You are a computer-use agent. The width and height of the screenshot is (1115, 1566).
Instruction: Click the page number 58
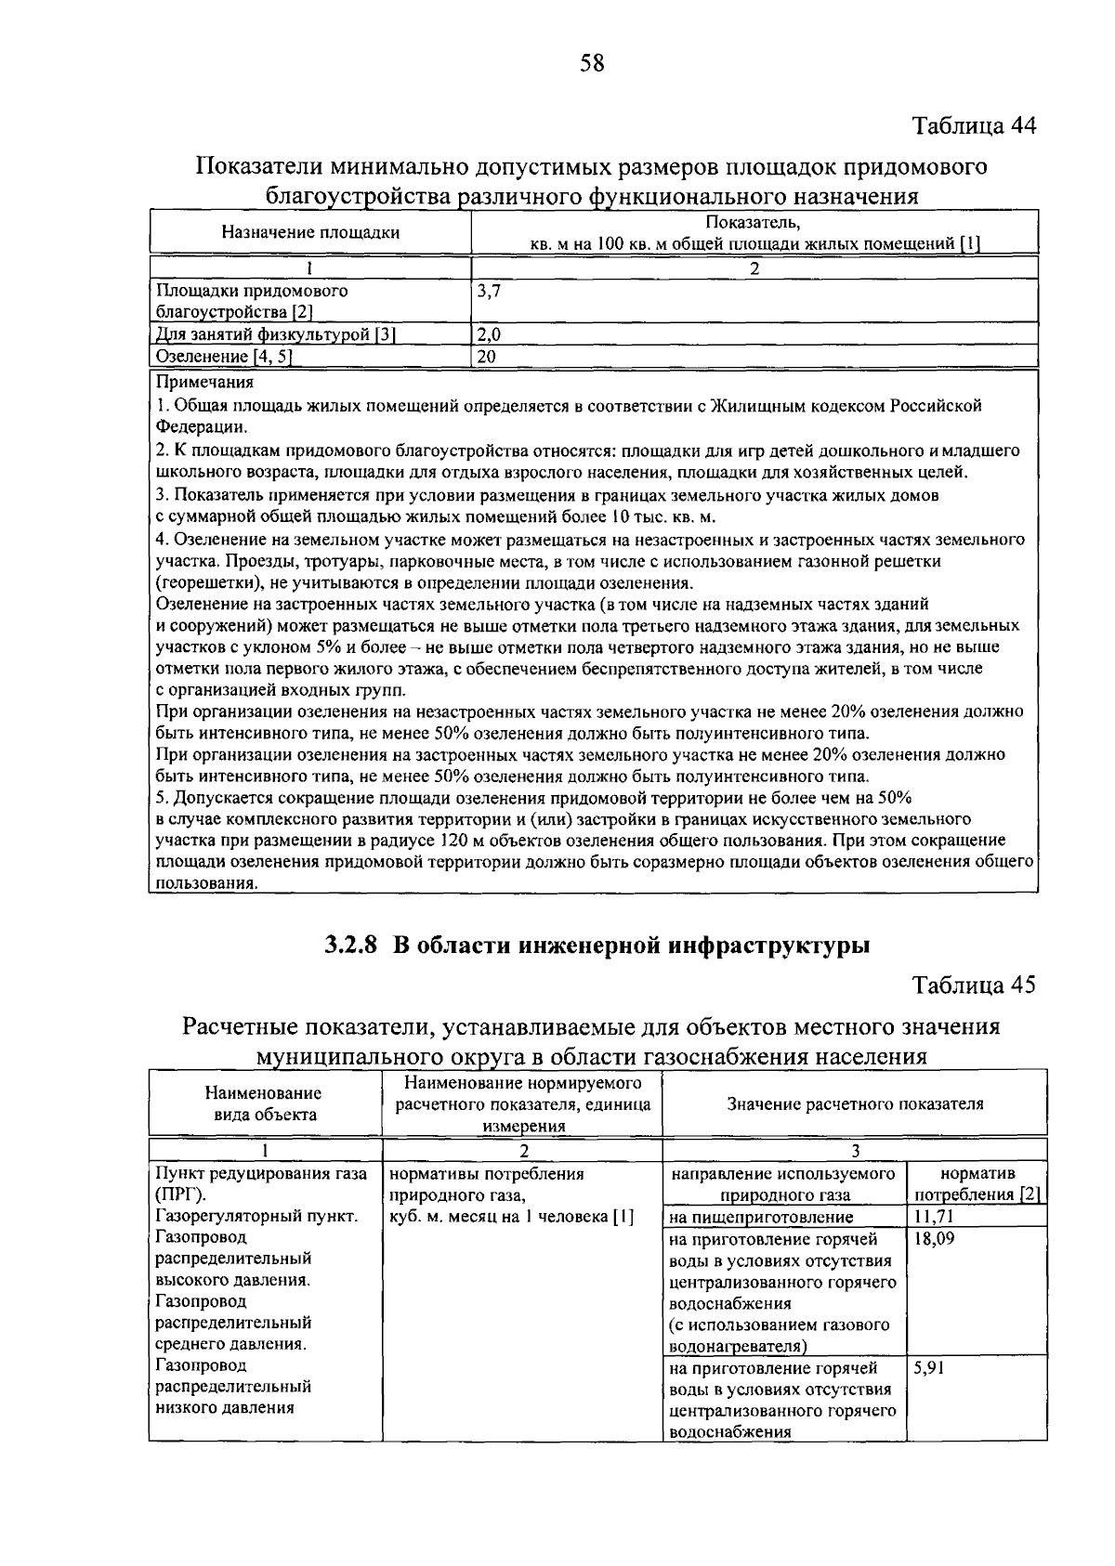pyautogui.click(x=592, y=63)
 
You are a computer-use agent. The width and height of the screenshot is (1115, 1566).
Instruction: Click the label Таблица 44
pyautogui.click(x=973, y=126)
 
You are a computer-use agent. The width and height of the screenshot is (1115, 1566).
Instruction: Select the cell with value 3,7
pyautogui.click(x=489, y=291)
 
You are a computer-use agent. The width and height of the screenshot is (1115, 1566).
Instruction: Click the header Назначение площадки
pyautogui.click(x=310, y=232)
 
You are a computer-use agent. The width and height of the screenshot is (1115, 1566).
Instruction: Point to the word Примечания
pyautogui.click(x=204, y=382)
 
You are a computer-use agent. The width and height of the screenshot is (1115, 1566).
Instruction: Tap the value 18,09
pyautogui.click(x=934, y=1239)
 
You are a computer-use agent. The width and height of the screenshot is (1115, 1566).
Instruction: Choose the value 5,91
pyautogui.click(x=929, y=1367)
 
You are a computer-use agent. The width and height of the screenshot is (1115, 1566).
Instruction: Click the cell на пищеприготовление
pyautogui.click(x=761, y=1217)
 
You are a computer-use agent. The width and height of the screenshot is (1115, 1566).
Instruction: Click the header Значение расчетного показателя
pyautogui.click(x=855, y=1104)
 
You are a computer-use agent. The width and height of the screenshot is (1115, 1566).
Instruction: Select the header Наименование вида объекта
pyautogui.click(x=264, y=1104)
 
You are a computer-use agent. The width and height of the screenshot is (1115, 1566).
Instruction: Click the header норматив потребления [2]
pyautogui.click(x=977, y=1184)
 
